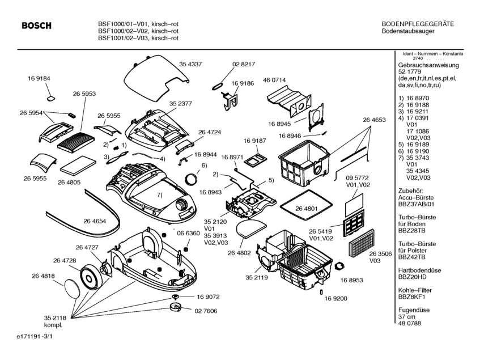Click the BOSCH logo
coord(36,26)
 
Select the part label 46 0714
coord(274,81)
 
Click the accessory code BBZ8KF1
coord(413,297)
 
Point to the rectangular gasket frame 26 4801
coord(307,202)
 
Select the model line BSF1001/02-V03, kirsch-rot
coord(138,37)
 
